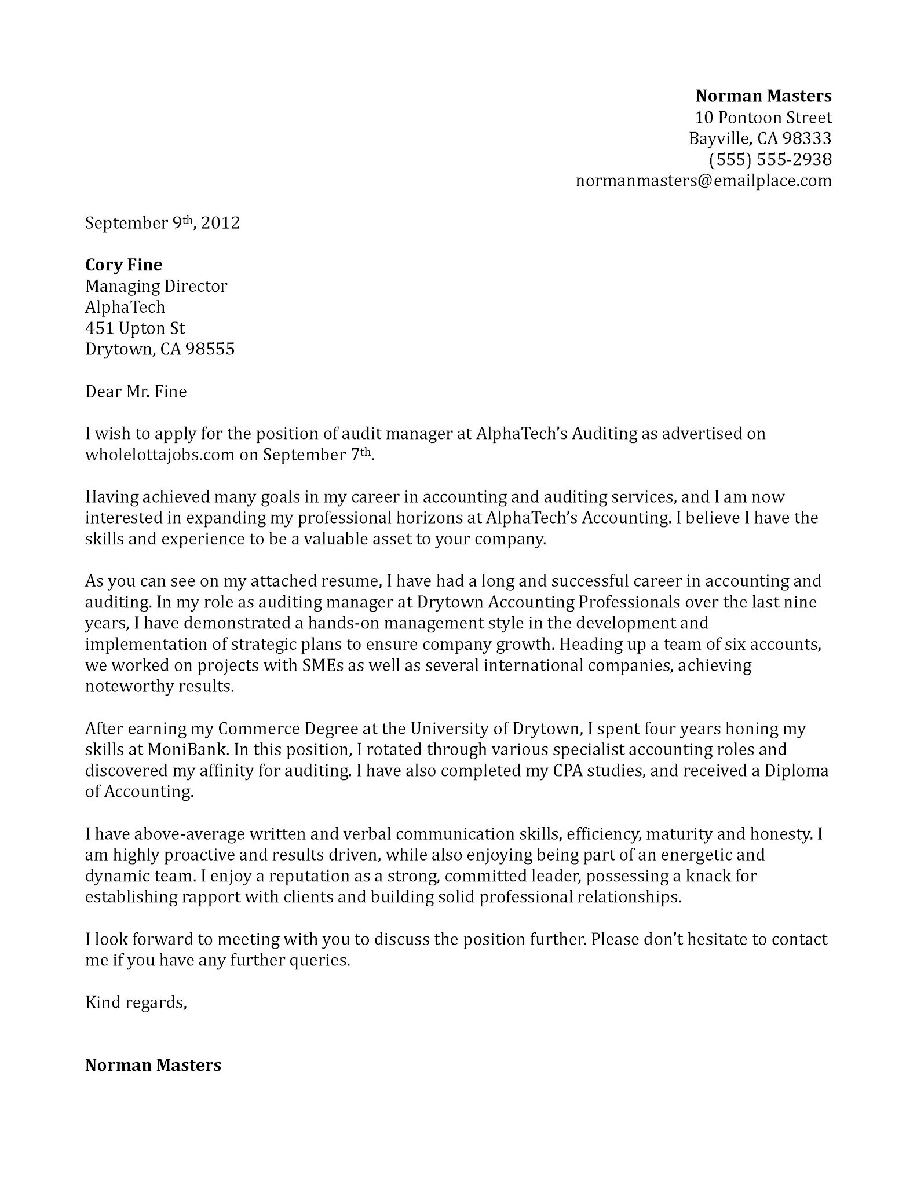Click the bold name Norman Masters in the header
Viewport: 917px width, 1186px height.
coord(763,96)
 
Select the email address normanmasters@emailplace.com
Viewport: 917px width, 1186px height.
coord(703,181)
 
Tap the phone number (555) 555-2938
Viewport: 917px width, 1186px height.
coord(770,159)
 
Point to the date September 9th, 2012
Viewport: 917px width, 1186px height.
coord(162,223)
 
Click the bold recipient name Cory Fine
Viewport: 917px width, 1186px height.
coord(123,265)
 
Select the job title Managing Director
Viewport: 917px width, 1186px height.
coord(156,286)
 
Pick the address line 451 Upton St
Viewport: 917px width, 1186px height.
coord(134,328)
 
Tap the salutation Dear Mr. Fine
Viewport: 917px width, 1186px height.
coord(136,392)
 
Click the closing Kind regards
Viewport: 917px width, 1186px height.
coord(136,1002)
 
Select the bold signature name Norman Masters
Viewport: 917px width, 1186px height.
coord(153,1065)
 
